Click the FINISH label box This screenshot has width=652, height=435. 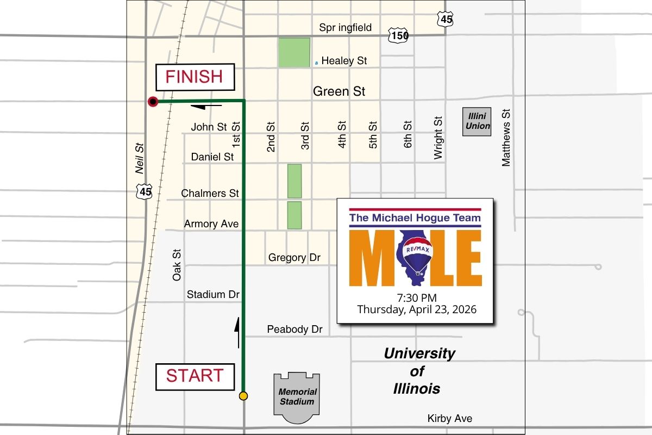pyautogui.click(x=195, y=77)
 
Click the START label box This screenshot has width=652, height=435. pyautogui.click(x=195, y=376)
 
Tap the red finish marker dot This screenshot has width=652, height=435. pyautogui.click(x=153, y=101)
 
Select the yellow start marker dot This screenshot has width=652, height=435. pyautogui.click(x=243, y=396)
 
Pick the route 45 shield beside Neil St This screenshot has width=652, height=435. pyautogui.click(x=145, y=191)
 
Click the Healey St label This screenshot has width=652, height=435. pyautogui.click(x=344, y=61)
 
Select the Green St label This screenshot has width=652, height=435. pyautogui.click(x=339, y=91)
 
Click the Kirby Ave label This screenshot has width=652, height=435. pyautogui.click(x=450, y=419)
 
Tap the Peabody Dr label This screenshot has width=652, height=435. pyautogui.click(x=294, y=330)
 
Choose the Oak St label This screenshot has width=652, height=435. pyautogui.click(x=177, y=265)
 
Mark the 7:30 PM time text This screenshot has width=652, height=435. pyautogui.click(x=417, y=297)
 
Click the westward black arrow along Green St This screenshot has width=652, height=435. pyautogui.click(x=206, y=106)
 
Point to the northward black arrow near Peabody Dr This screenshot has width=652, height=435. pyautogui.click(x=237, y=332)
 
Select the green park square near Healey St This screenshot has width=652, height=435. pyautogui.click(x=294, y=52)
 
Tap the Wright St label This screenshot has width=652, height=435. pyautogui.click(x=438, y=137)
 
